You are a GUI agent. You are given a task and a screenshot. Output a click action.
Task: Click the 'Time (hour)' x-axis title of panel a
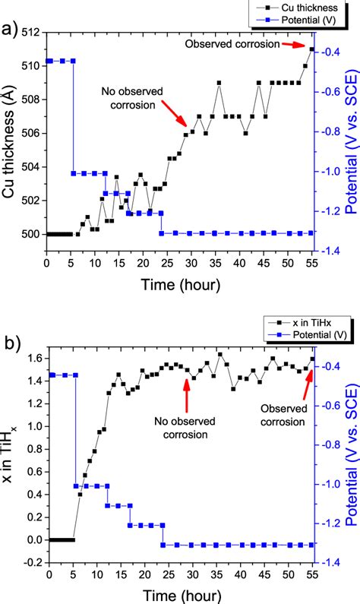(x=180, y=285)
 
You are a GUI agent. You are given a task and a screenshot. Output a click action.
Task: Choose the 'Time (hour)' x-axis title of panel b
(x=180, y=593)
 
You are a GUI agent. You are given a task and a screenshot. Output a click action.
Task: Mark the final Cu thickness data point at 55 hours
(x=311, y=49)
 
